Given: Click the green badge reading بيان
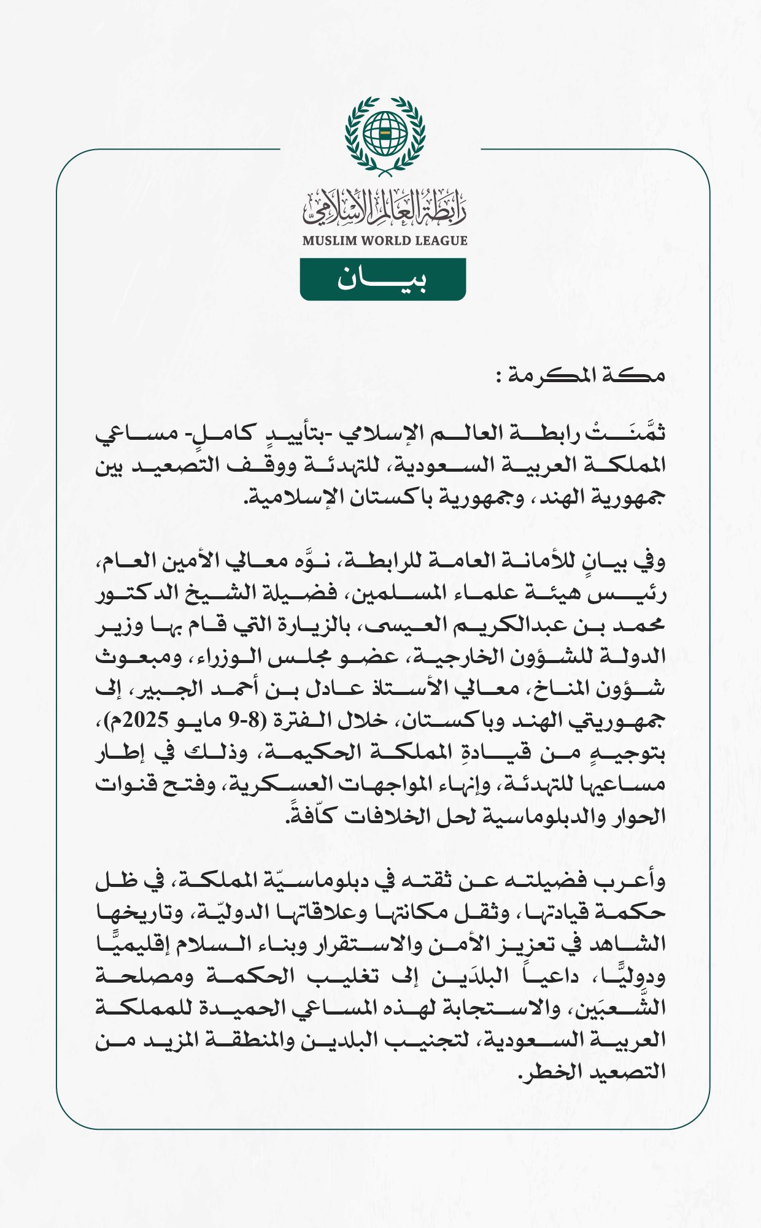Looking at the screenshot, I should pos(382,280).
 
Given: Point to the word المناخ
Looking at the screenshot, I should pos(553,688).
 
